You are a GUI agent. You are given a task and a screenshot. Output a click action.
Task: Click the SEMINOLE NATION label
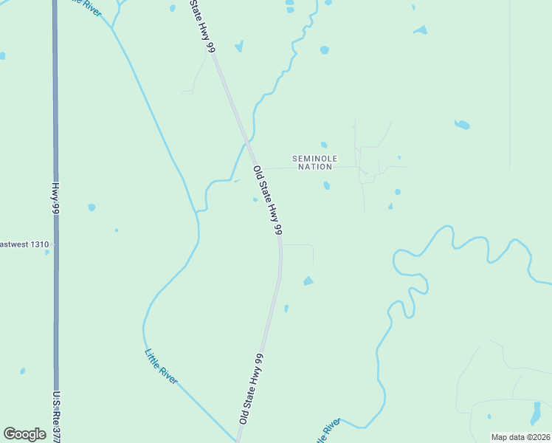tap(315, 162)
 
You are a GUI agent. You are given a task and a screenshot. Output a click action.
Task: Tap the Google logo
tap(24, 434)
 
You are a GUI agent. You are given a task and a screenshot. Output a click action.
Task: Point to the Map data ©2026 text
tap(520, 437)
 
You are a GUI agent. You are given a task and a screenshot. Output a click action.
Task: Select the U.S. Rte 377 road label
tap(57, 417)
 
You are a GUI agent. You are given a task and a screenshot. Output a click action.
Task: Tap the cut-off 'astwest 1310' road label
tap(24, 244)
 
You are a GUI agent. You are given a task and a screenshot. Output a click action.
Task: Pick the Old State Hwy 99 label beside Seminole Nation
tap(268, 200)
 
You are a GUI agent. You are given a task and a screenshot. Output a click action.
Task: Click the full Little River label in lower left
tap(162, 365)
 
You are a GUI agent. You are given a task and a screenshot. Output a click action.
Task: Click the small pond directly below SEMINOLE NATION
tap(326, 185)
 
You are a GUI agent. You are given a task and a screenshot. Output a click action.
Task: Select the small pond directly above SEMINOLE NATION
tap(323, 145)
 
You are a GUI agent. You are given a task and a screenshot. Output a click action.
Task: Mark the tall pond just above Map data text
tap(536, 413)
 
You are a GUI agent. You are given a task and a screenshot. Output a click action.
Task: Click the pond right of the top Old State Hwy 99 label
tap(238, 47)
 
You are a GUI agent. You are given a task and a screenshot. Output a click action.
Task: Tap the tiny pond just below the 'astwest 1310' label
tap(46, 253)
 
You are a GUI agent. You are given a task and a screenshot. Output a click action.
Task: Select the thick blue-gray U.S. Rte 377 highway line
tap(55, 111)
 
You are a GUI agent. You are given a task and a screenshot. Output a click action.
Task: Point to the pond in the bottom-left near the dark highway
tap(22, 371)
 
